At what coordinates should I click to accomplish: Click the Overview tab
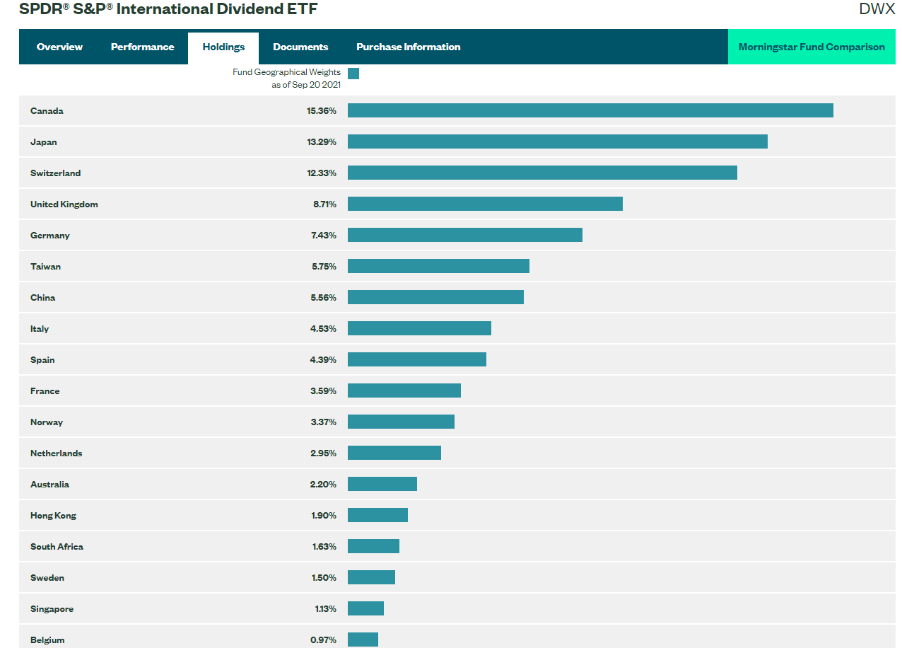[x=59, y=47]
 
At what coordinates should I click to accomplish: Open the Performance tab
[x=142, y=47]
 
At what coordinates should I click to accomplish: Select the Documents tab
[x=300, y=47]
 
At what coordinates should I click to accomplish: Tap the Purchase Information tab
[x=408, y=47]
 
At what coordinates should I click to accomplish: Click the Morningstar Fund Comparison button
[x=812, y=47]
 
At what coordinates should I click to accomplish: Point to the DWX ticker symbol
[x=877, y=9]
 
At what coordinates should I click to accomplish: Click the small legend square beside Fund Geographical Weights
[x=353, y=74]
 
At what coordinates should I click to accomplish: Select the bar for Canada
[x=590, y=110]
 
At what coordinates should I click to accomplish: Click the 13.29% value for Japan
[x=322, y=142]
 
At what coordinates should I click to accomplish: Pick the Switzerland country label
[x=55, y=173]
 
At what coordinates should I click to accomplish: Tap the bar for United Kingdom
[x=485, y=204]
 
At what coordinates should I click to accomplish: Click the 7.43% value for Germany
[x=324, y=236]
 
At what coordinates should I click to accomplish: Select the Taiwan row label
[x=45, y=267]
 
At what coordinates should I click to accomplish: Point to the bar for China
[x=435, y=297]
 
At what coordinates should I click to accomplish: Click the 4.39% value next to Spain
[x=324, y=360]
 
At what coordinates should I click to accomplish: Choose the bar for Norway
[x=401, y=422]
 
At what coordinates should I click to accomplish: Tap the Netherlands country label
[x=56, y=453]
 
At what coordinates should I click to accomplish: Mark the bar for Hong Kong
[x=377, y=515]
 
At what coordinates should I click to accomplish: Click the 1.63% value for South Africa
[x=324, y=547]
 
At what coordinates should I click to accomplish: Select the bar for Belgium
[x=363, y=640]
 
